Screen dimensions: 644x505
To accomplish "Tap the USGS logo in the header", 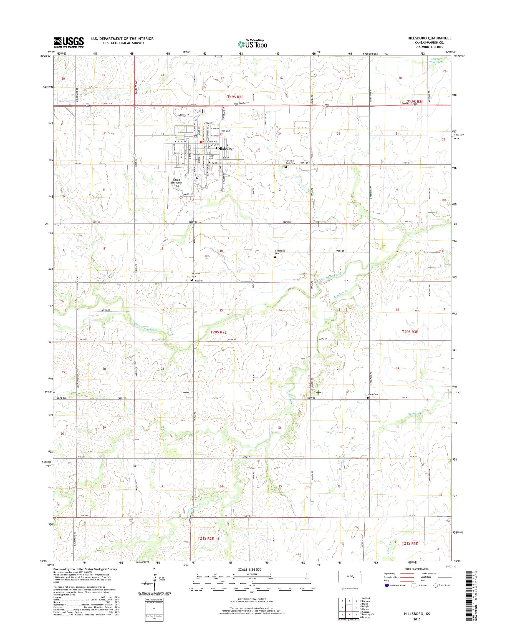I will [69, 42].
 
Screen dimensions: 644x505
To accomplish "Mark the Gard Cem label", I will [373, 395].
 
